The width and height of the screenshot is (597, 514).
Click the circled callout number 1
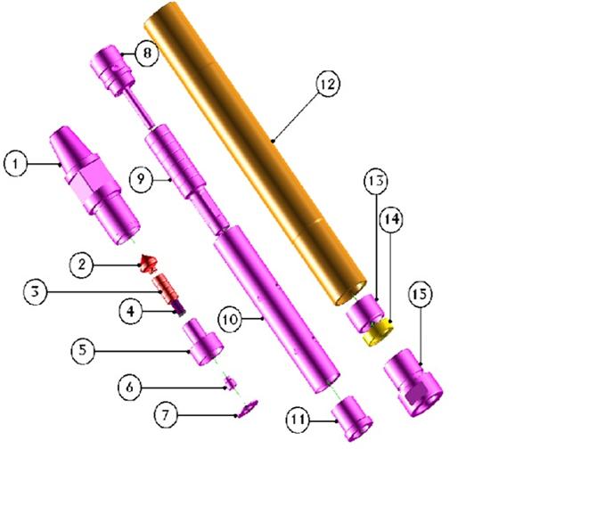tap(15, 164)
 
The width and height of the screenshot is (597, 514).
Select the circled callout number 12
tap(328, 84)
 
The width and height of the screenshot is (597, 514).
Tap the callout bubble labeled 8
tap(147, 53)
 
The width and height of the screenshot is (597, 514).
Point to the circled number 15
tap(420, 294)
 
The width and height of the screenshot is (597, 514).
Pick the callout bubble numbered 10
tap(230, 320)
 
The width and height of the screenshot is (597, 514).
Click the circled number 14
tap(391, 219)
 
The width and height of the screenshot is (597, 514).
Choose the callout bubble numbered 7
tap(166, 414)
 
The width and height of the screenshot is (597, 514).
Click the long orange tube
tap(254, 152)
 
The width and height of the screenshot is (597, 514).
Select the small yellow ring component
tap(378, 332)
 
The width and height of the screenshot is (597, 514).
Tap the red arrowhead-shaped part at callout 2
tap(149, 264)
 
